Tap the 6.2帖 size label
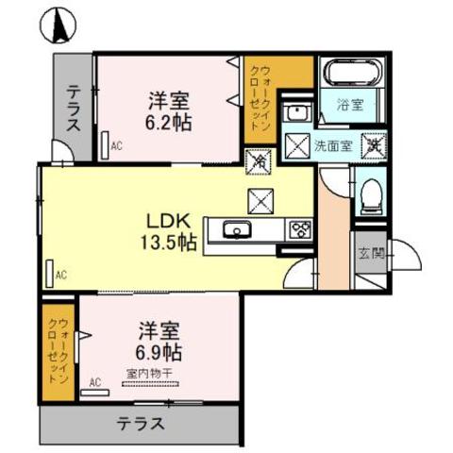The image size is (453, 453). coord(169,123)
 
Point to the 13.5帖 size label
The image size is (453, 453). coord(170,243)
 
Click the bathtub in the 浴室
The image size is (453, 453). coord(352,73)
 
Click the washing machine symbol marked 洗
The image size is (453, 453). coord(374,146)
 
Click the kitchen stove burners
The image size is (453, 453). coord(301,227)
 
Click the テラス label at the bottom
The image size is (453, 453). coord(142,423)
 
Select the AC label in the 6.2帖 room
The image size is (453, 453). coord(117,146)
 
